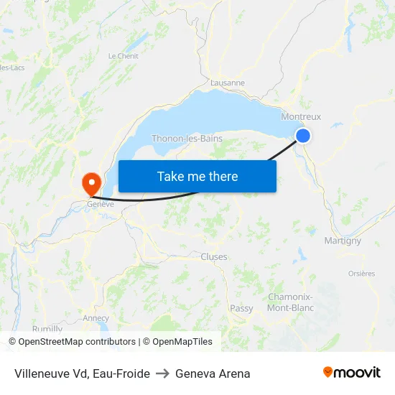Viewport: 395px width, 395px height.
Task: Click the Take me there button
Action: click(x=197, y=176)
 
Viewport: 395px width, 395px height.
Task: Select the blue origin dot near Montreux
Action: click(x=303, y=135)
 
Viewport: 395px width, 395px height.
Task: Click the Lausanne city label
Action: click(x=228, y=83)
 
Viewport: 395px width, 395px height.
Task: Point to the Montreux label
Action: click(x=301, y=116)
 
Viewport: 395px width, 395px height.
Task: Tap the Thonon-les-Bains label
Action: click(x=187, y=139)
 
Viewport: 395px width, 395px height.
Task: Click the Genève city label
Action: click(x=101, y=204)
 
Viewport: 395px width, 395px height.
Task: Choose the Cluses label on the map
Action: click(x=214, y=256)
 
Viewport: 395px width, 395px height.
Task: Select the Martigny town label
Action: click(x=343, y=241)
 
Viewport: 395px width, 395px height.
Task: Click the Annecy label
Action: click(x=96, y=318)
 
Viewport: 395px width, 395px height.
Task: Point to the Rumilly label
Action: click(x=47, y=329)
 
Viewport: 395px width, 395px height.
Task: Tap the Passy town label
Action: click(x=241, y=308)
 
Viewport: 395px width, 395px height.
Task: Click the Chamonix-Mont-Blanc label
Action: click(x=290, y=302)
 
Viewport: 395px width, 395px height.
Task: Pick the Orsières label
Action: click(x=361, y=274)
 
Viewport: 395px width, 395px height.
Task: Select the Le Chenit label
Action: click(x=123, y=56)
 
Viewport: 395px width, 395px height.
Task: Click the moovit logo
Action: click(x=352, y=372)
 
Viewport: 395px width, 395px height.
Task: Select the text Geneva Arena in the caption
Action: click(x=213, y=373)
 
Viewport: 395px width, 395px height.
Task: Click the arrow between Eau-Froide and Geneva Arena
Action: click(x=162, y=373)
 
